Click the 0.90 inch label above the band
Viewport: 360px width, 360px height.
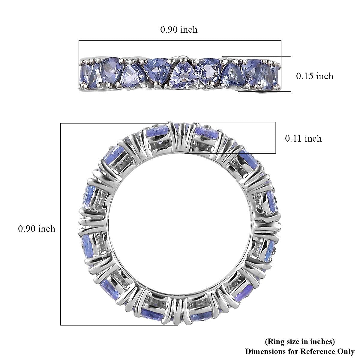[179, 29]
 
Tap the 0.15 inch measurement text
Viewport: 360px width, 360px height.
[315, 76]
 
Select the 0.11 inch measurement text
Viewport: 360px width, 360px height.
[303, 138]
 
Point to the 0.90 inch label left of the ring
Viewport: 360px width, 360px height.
[37, 229]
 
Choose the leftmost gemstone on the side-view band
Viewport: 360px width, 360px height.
[85, 73]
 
